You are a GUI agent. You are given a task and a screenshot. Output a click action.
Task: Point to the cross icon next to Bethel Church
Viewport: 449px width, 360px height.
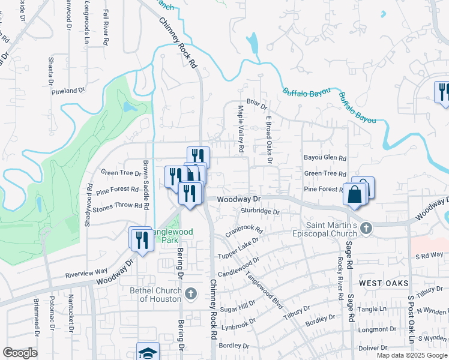click(191, 293)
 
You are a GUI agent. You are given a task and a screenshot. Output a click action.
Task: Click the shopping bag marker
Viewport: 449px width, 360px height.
click(355, 194)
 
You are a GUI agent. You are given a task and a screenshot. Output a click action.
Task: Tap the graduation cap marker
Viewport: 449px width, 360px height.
click(148, 352)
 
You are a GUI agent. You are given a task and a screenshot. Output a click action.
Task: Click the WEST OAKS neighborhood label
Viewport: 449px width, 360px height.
click(384, 283)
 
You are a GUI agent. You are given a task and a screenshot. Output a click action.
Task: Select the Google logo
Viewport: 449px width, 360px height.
click(20, 353)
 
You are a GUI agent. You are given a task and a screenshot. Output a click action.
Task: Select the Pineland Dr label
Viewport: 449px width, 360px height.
click(68, 91)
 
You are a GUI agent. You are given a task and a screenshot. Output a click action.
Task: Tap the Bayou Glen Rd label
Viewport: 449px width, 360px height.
click(325, 158)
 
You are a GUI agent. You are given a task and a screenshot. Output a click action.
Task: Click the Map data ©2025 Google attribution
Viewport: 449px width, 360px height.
click(412, 355)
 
